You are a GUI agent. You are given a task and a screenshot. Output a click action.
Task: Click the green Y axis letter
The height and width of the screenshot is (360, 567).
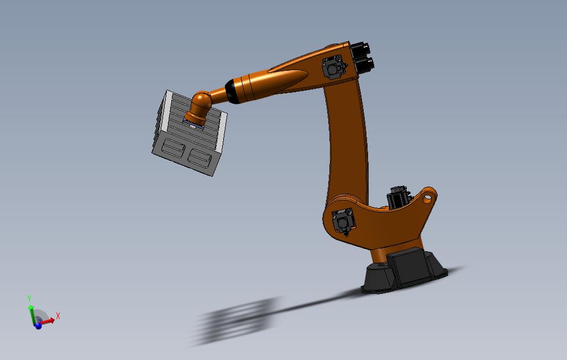coord(29,299)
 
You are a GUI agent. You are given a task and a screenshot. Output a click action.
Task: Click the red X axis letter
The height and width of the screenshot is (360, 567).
coord(58,316)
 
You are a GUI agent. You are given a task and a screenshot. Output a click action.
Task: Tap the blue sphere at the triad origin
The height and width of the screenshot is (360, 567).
coord(38,325)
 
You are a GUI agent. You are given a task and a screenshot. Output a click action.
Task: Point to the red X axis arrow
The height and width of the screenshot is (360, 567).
coord(47,321)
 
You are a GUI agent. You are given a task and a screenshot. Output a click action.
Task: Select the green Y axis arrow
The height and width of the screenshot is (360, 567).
coord(32,314)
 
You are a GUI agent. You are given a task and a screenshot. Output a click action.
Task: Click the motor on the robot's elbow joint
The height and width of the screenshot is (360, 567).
coord(333,67)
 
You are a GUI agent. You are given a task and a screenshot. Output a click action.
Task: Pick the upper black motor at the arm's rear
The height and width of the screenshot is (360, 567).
coord(360,49)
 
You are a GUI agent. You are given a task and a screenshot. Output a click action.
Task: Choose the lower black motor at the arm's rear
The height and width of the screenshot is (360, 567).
coord(364,65)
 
